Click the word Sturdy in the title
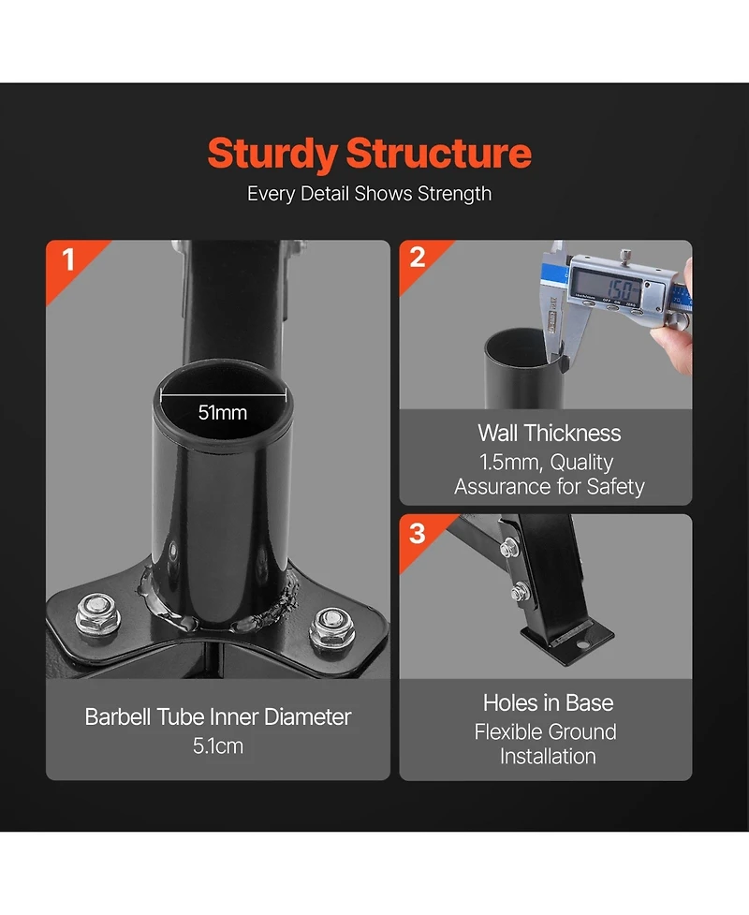(x=272, y=154)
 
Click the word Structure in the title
(x=439, y=153)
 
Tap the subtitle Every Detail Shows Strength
(x=369, y=194)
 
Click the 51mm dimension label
(x=223, y=413)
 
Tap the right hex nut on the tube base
(x=330, y=627)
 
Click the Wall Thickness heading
(x=550, y=433)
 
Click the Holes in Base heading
(x=549, y=703)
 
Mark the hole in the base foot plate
(x=582, y=645)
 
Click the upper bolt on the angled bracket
(x=509, y=547)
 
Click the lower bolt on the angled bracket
(x=520, y=592)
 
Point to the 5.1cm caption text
(x=217, y=745)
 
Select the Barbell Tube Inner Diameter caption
(x=217, y=717)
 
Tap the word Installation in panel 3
(x=548, y=757)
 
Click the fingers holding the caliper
(x=677, y=327)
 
